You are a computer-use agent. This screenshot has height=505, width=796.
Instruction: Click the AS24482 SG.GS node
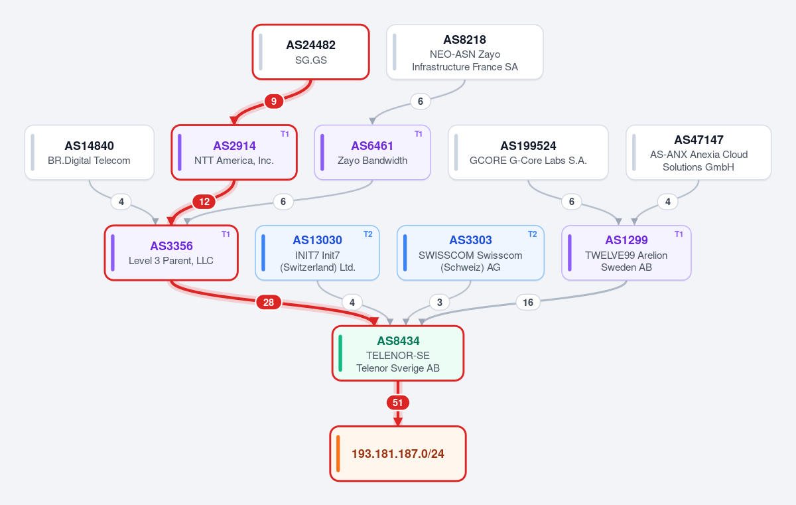(311, 52)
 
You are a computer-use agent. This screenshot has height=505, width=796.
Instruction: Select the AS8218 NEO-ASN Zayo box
(465, 52)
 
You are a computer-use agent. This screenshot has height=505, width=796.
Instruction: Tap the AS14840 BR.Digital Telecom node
(89, 153)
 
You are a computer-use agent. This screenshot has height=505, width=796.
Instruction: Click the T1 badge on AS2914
(285, 134)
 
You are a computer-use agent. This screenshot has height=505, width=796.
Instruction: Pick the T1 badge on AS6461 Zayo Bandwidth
(419, 134)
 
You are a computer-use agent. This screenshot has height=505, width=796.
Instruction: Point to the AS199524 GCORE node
(528, 153)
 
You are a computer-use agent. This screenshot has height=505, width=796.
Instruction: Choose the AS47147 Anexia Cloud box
(698, 153)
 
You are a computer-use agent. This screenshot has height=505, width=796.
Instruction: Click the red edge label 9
(273, 102)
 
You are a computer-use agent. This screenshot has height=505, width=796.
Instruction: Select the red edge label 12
(204, 202)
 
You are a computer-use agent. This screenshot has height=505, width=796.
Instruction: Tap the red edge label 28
(268, 303)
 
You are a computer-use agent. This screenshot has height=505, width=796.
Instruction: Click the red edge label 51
(397, 403)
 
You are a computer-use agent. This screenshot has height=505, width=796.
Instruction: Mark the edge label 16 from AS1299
(528, 303)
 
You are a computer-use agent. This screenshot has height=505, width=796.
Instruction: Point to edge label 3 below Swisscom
(440, 303)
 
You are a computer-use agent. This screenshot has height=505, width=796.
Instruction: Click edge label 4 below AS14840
(121, 202)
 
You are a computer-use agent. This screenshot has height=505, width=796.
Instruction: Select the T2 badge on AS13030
(367, 234)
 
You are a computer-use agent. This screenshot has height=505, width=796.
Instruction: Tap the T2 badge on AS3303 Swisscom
(532, 234)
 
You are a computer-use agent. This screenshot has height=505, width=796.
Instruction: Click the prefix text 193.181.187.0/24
(398, 454)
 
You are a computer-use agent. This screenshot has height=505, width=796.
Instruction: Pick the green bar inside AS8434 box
(340, 353)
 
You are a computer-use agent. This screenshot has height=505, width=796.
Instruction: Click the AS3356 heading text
(171, 246)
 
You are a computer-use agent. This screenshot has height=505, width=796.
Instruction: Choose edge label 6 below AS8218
(421, 102)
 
